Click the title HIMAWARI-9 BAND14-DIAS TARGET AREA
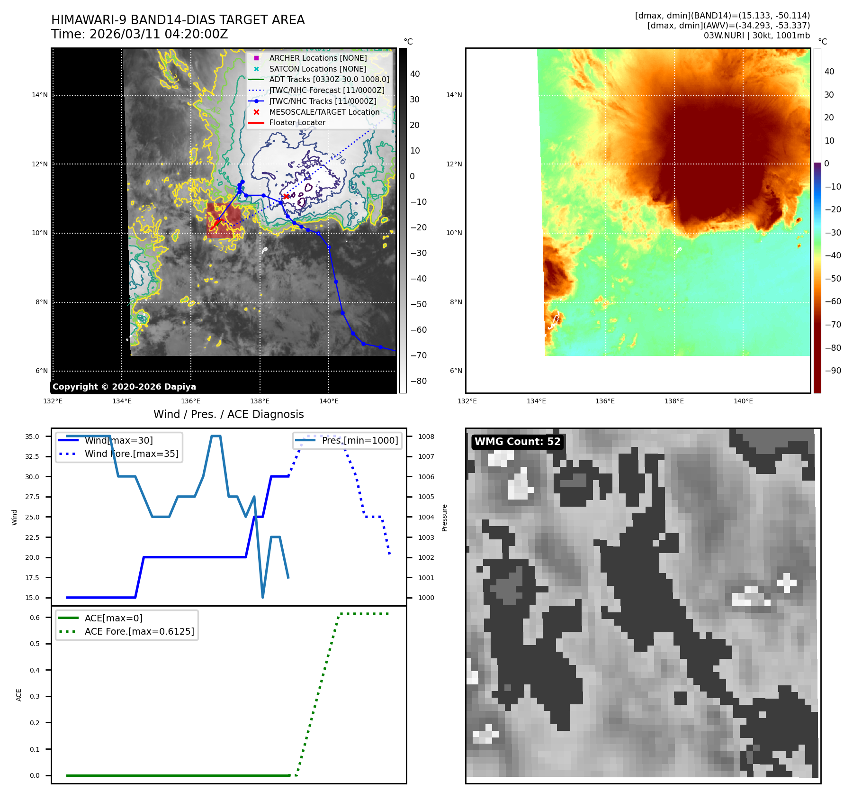pos(178,20)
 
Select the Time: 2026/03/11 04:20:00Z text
pos(140,34)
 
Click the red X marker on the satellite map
pos(286,196)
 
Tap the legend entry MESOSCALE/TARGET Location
pos(324,112)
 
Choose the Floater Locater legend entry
pos(297,123)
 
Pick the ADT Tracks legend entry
pos(329,80)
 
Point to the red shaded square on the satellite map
pos(219,220)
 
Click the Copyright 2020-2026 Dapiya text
pos(124,387)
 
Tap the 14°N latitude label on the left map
pos(40,95)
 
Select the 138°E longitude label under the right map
pos(674,401)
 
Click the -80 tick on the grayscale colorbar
pos(418,381)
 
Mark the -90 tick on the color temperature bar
pos(833,371)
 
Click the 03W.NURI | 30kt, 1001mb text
pos(756,36)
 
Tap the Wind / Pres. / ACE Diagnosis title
pos(228,415)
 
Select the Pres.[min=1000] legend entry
pos(359,440)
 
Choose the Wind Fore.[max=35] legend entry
pos(131,454)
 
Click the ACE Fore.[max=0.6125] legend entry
pos(139,631)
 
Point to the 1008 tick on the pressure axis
pos(426,437)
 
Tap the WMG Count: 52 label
pos(517,442)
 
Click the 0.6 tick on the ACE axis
pos(35,618)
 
